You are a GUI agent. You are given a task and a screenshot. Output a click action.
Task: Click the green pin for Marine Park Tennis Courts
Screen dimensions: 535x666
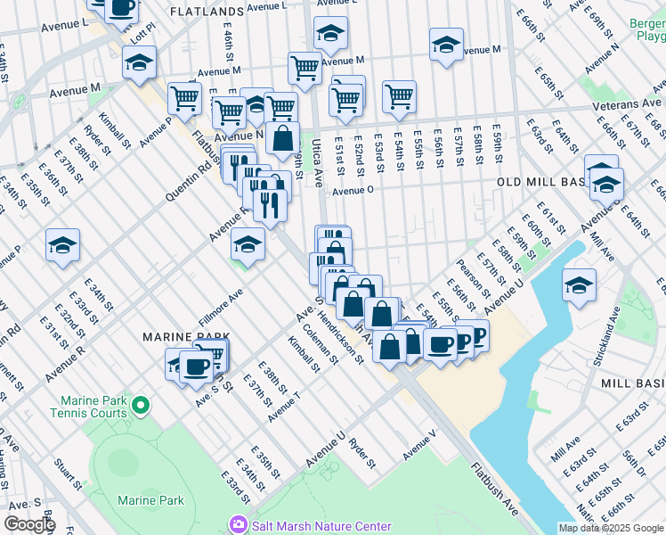(140, 407)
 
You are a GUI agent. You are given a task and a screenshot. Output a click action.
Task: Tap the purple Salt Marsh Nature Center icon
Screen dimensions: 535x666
(238, 525)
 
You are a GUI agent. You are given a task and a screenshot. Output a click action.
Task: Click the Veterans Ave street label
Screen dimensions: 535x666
(629, 105)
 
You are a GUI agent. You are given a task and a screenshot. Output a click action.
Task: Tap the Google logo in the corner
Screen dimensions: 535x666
(29, 524)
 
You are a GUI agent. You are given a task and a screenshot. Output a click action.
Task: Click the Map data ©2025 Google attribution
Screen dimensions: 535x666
(611, 528)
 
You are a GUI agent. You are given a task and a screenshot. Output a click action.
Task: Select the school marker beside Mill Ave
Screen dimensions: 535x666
(579, 285)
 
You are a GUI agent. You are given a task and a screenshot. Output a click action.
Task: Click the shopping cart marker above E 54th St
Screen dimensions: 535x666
(399, 96)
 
